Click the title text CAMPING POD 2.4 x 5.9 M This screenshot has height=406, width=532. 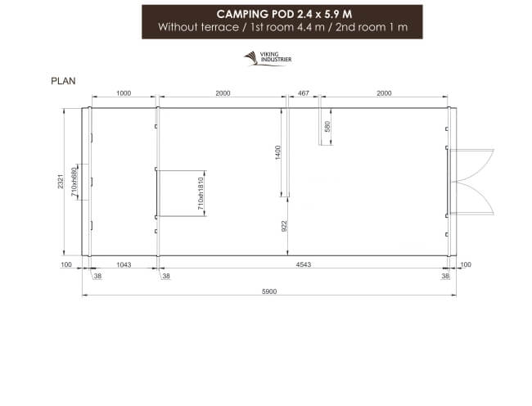point(282,14)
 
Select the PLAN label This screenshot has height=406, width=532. point(64,81)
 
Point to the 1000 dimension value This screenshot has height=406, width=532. point(124,93)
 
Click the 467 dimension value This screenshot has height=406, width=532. point(304,93)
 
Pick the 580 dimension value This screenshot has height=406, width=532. point(327,127)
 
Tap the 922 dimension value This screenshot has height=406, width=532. point(284,226)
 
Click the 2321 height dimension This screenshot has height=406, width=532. point(60,182)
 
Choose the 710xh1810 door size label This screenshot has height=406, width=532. point(201,194)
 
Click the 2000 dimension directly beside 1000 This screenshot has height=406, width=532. point(222,93)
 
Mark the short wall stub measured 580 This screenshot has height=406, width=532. point(320,127)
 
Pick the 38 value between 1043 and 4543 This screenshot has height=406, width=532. point(166,277)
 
